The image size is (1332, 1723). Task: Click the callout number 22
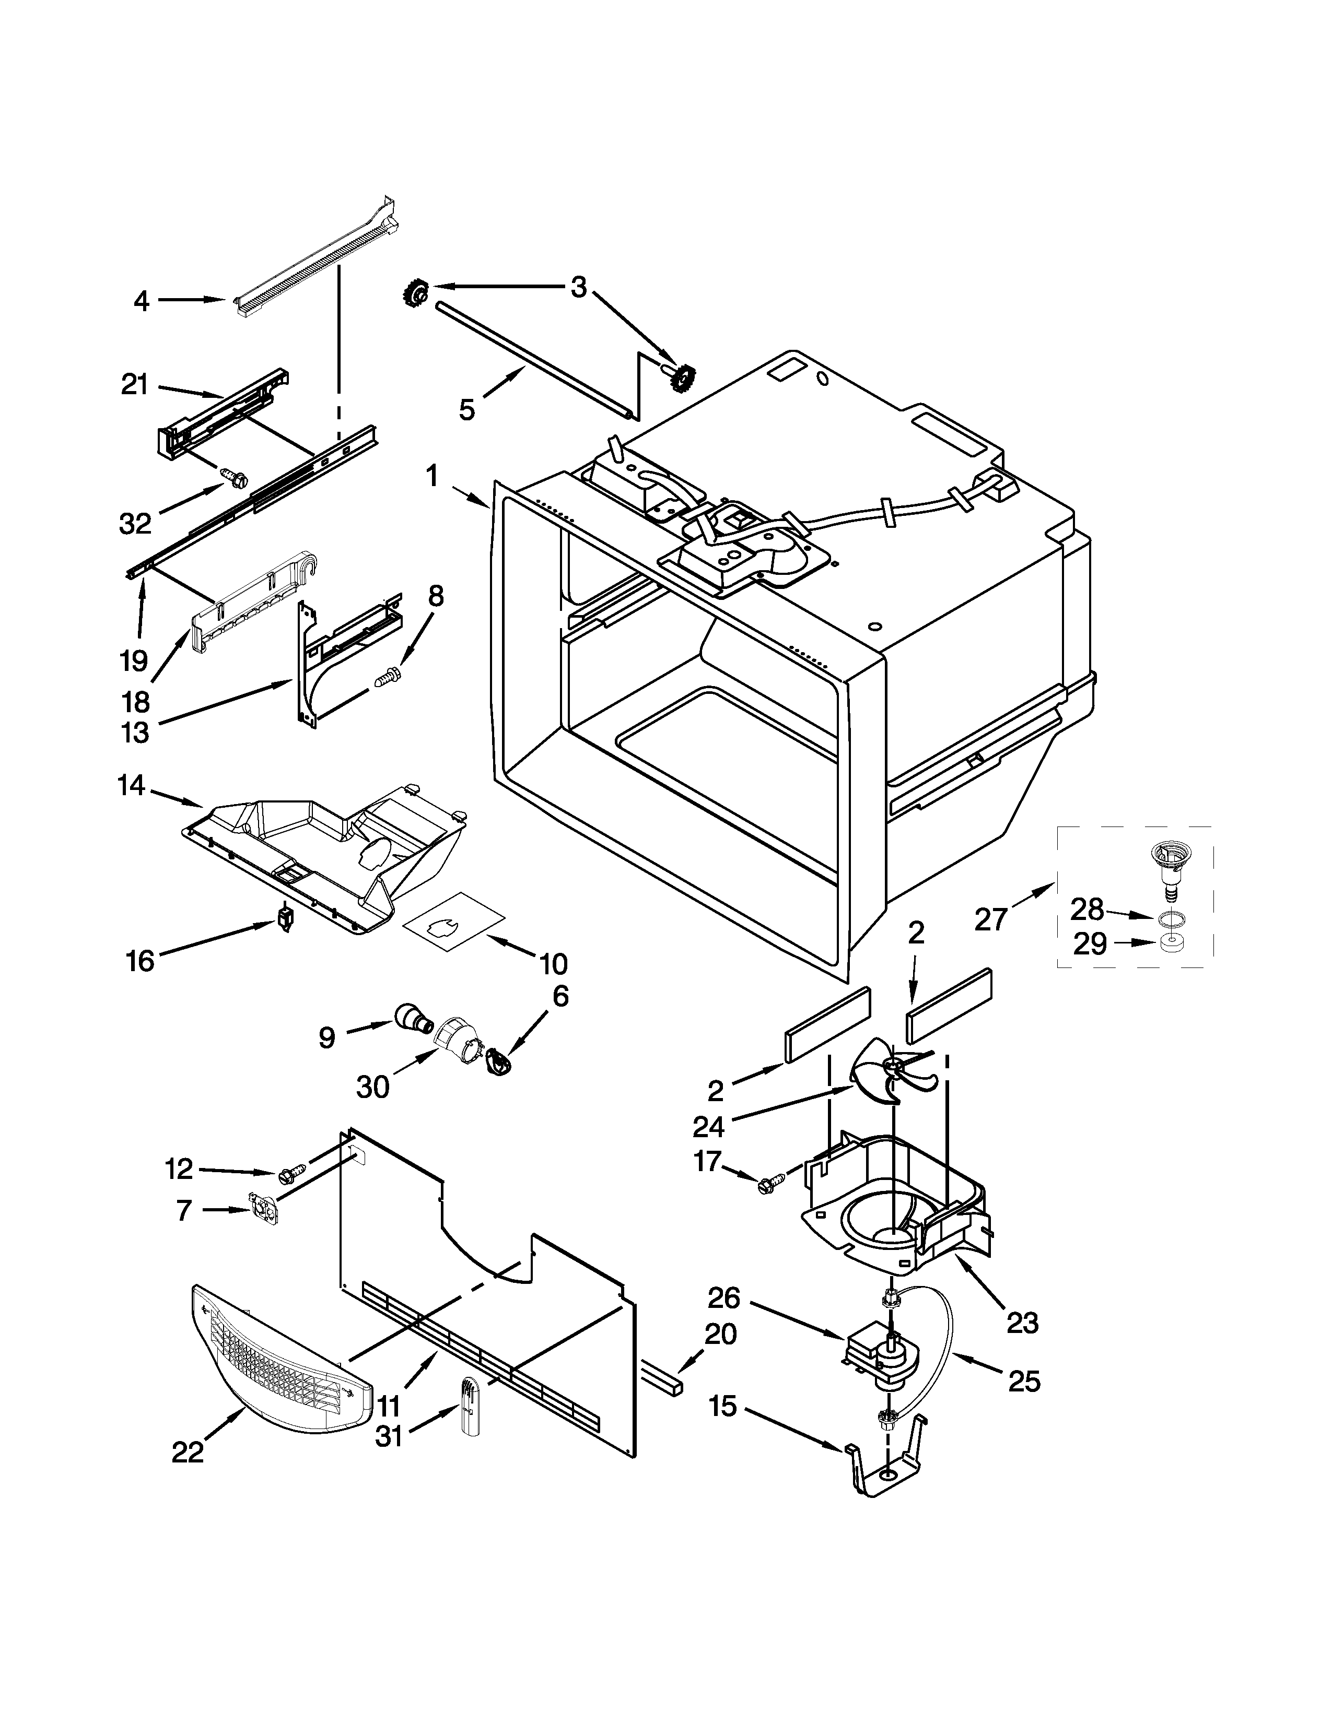[x=188, y=1451]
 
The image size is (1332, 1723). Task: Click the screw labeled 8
[x=387, y=676]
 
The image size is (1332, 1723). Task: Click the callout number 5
[x=467, y=409]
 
